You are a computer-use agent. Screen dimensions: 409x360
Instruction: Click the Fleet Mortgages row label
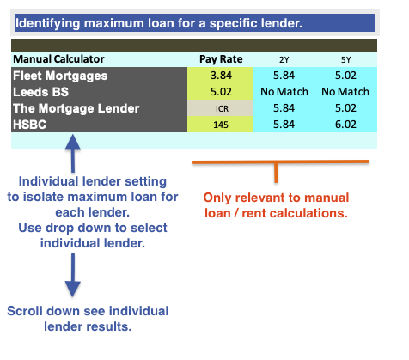click(x=60, y=76)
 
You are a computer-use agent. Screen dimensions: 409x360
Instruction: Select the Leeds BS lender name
click(x=40, y=92)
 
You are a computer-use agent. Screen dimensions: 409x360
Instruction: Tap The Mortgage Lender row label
click(x=76, y=108)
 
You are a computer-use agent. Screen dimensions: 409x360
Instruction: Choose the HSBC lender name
click(x=29, y=125)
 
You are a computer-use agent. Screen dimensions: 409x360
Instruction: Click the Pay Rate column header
click(x=221, y=59)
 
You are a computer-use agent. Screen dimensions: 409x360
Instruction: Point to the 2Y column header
click(x=284, y=59)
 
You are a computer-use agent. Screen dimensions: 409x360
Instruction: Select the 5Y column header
click(x=345, y=59)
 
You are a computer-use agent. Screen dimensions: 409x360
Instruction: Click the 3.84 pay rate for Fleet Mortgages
click(x=221, y=76)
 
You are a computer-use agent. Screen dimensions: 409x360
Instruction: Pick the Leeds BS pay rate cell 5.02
click(x=221, y=92)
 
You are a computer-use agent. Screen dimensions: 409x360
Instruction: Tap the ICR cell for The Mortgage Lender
click(x=222, y=109)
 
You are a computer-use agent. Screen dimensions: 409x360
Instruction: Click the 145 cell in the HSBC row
click(x=221, y=125)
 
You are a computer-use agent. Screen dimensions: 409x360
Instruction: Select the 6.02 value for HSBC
click(x=345, y=125)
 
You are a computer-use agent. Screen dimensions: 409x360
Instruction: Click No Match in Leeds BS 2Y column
click(x=284, y=92)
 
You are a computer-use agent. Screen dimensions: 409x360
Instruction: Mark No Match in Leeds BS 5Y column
click(x=345, y=92)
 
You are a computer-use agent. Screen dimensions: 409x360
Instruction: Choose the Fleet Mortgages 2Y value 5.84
click(x=284, y=76)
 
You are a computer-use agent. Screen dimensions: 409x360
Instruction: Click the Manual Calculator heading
click(x=58, y=59)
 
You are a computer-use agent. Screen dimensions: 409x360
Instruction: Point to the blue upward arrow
click(x=73, y=154)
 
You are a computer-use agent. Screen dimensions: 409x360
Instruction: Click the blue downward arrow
click(x=73, y=275)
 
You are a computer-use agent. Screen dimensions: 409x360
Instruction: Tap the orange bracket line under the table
click(x=281, y=162)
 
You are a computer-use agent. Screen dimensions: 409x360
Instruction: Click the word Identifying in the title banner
click(x=47, y=23)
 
